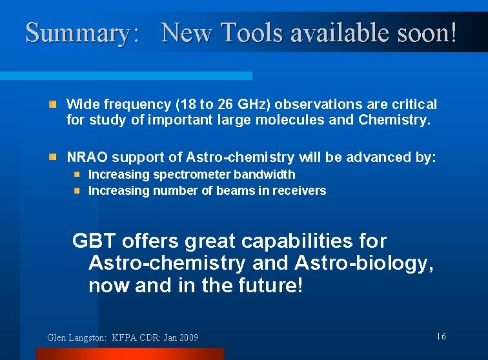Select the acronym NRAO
(86, 157)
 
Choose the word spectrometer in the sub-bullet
(192, 175)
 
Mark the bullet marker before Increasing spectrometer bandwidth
(76, 174)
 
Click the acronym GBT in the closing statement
(94, 241)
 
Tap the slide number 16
(442, 336)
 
